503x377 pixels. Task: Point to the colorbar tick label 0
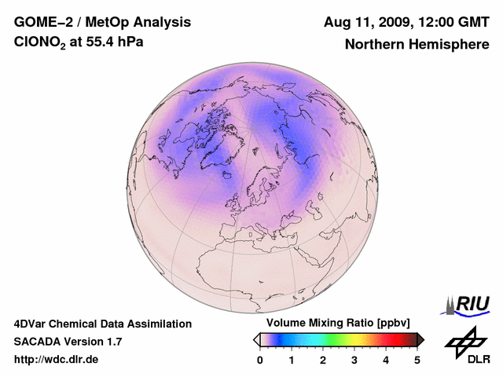pyautogui.click(x=260, y=360)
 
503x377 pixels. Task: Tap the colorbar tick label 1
pyautogui.click(x=292, y=360)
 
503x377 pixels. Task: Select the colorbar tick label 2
pyautogui.click(x=323, y=360)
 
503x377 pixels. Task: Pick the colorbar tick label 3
pyautogui.click(x=354, y=360)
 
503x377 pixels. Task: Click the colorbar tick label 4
pyautogui.click(x=386, y=360)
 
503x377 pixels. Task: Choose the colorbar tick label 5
pyautogui.click(x=417, y=360)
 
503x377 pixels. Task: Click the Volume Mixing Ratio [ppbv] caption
pyautogui.click(x=339, y=324)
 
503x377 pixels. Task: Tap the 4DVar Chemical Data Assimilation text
pyautogui.click(x=103, y=324)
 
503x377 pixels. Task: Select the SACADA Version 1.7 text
pyautogui.click(x=68, y=342)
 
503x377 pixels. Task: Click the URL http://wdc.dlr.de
pyautogui.click(x=57, y=360)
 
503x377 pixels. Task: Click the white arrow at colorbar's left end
pyautogui.click(x=256, y=339)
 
